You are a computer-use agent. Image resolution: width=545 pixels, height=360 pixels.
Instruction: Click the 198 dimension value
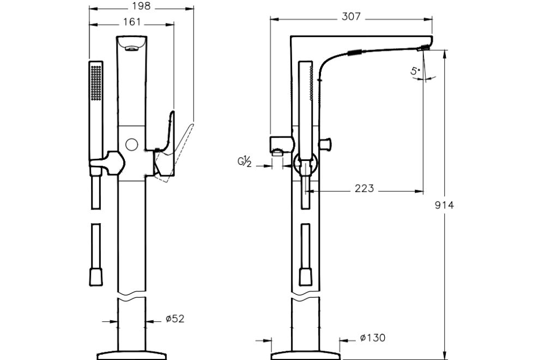(141, 7)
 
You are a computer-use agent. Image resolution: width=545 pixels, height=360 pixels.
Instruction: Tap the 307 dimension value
(351, 17)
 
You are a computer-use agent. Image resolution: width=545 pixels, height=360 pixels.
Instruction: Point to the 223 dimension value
(364, 188)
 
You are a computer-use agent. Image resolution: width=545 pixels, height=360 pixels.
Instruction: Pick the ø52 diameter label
(175, 319)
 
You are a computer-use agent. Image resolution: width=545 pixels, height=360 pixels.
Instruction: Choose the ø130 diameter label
(372, 338)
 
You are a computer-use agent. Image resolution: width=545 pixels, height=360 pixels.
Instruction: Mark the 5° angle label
(415, 70)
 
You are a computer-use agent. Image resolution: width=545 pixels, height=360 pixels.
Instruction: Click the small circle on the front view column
(131, 145)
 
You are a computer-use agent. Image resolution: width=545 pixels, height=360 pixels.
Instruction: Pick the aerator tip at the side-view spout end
(423, 49)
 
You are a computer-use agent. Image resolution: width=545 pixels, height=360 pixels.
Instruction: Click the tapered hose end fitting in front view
(96, 275)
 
